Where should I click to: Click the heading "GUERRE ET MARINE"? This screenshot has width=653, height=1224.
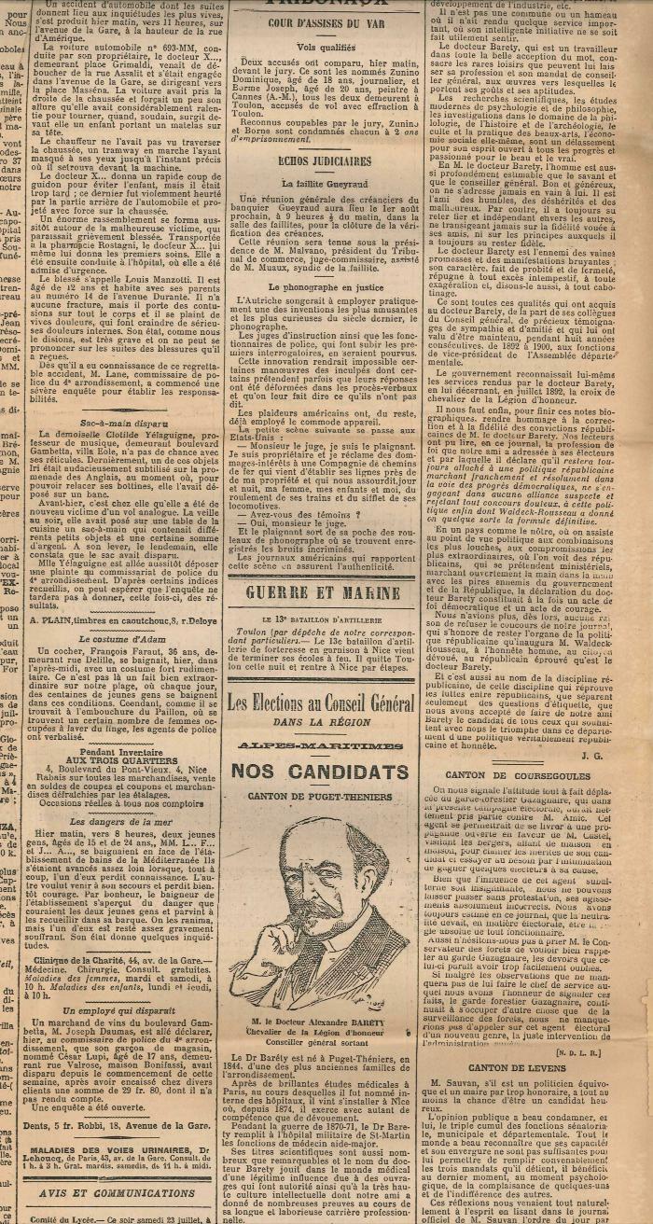point(322,591)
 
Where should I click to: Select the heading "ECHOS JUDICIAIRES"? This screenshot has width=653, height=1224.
point(312,160)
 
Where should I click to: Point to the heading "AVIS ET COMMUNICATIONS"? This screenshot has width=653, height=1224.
point(118,1191)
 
